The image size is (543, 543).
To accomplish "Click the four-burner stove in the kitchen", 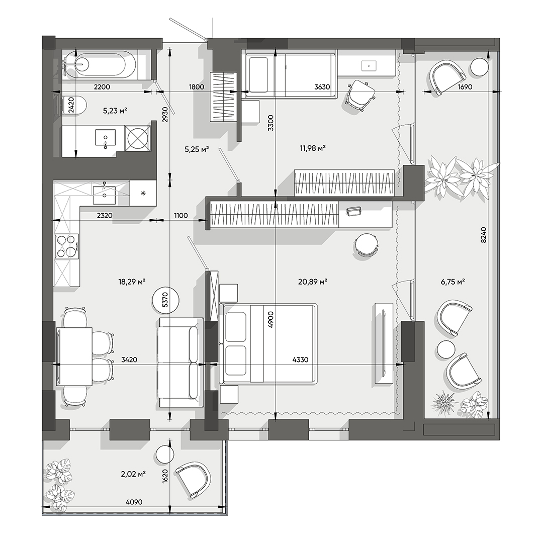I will (66, 246).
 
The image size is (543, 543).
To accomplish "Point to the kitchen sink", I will (104, 193).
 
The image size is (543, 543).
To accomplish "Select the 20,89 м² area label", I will (313, 282).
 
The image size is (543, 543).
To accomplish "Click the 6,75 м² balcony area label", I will (452, 282).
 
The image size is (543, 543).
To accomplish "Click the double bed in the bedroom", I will (268, 344).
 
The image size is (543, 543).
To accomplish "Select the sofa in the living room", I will (179, 363).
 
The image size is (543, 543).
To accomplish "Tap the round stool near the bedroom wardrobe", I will (366, 245).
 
